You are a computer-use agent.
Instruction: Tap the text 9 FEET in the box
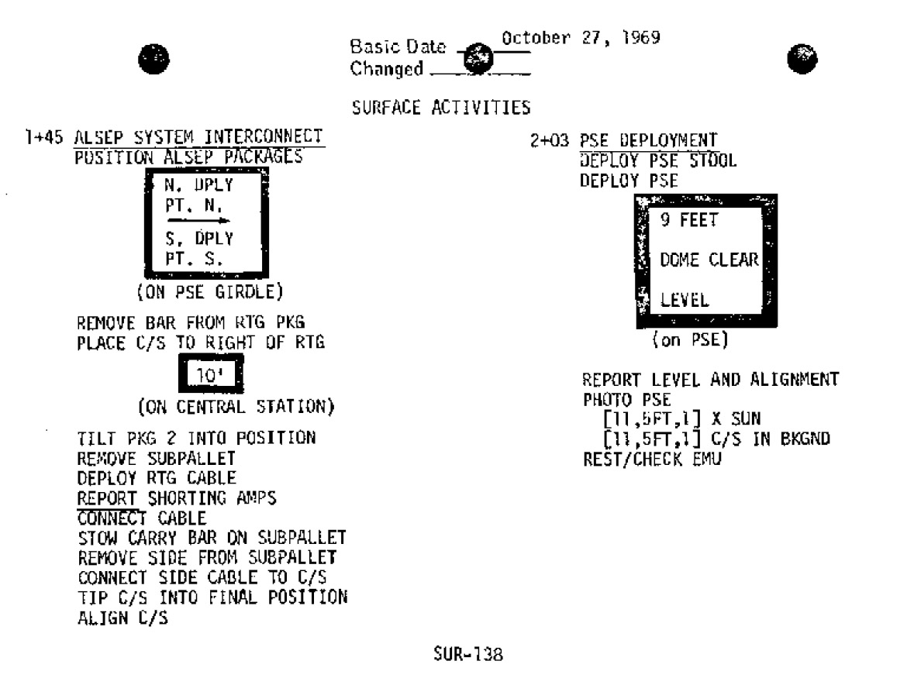688,221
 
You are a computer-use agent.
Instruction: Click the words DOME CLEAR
709,260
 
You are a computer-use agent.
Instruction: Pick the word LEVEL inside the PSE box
683,298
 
